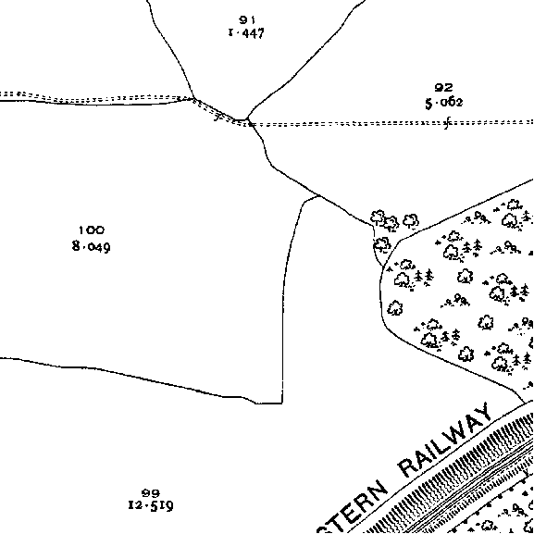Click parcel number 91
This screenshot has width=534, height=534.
(247, 20)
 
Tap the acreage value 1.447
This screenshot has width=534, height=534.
(246, 33)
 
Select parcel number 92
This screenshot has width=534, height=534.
(443, 88)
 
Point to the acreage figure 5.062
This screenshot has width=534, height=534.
(444, 103)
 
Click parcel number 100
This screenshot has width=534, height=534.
(92, 230)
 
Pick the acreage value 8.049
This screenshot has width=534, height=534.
(92, 246)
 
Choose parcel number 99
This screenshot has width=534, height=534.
(151, 492)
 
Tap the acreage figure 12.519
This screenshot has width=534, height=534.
(151, 505)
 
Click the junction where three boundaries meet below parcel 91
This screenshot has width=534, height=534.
(248, 120)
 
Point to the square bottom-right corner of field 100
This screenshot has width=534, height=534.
(282, 404)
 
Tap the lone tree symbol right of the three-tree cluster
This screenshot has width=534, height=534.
(411, 220)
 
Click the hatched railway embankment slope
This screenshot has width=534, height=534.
(453, 477)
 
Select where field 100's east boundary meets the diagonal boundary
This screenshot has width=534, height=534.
(318, 196)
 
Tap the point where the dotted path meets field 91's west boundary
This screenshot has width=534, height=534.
(194, 99)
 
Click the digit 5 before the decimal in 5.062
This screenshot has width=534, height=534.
(428, 103)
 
